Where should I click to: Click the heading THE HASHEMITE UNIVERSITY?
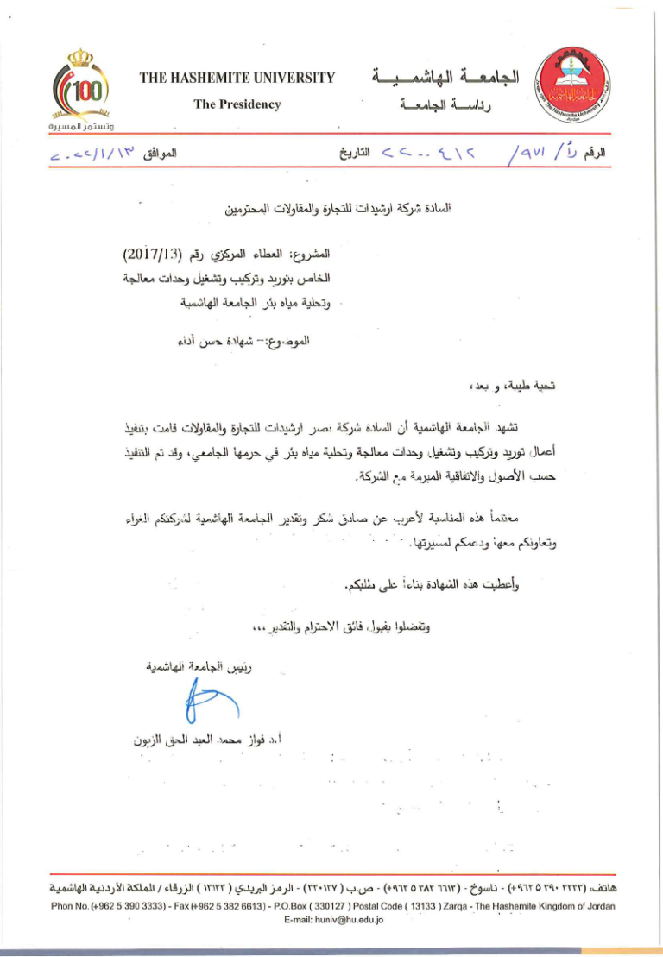coord(237,79)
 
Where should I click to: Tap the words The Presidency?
coord(237,104)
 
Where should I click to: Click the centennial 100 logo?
coord(85,86)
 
